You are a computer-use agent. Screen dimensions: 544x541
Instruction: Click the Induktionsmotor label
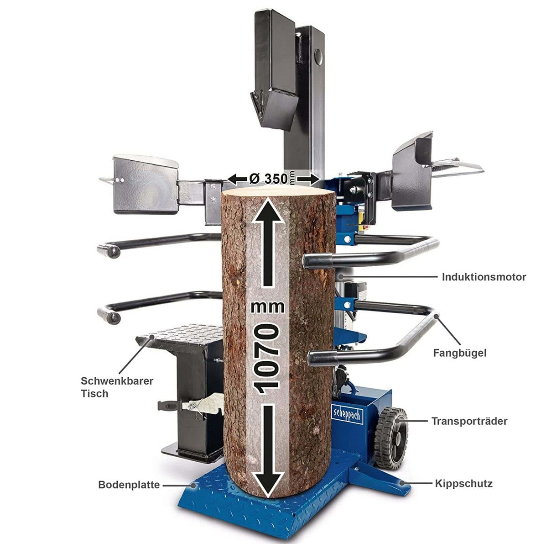[x=484, y=277]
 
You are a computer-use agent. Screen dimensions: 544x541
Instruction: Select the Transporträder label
[x=469, y=421]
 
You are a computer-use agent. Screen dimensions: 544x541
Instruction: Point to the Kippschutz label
[x=463, y=483]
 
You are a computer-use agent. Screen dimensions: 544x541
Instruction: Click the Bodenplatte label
[x=129, y=485]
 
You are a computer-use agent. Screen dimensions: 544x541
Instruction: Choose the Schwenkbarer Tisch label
[x=117, y=387]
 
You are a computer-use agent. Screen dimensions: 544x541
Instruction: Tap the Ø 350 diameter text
[x=269, y=178]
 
